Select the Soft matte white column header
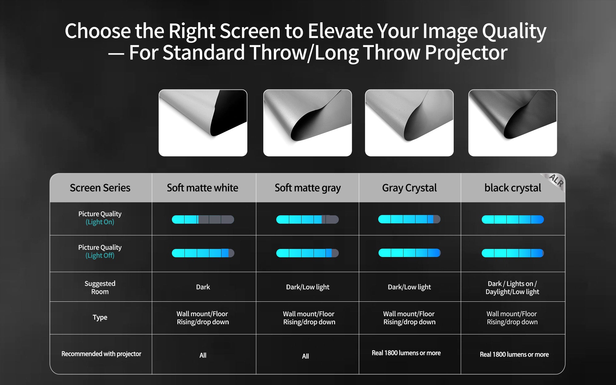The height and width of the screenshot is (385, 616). pos(202,188)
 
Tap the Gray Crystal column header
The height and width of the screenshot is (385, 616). pos(409,188)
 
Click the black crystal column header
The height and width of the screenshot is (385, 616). pos(513,188)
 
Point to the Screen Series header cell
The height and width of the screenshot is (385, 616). pos(100,188)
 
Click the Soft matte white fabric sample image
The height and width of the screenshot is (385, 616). pos(203,123)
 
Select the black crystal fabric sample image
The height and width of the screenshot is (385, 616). pos(513,123)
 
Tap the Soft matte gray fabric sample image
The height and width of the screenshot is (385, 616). pos(307,123)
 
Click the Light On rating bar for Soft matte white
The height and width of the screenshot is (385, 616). pos(203,220)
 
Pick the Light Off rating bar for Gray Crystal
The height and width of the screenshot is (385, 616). pos(409,253)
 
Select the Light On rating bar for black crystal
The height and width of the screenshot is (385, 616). pos(513,220)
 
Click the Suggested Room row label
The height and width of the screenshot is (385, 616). pos(100,288)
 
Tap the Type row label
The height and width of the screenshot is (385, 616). pos(100,317)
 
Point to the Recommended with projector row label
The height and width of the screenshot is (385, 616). pos(101,354)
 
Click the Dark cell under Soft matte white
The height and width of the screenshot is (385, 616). pos(203,287)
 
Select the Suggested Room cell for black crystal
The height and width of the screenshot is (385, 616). pos(513,288)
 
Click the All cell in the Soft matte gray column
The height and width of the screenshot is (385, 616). pos(306,356)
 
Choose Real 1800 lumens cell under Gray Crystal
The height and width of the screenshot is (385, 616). pos(406,353)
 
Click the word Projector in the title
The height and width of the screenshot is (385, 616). pos(466,53)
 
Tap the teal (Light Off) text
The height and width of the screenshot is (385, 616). pos(100,255)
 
